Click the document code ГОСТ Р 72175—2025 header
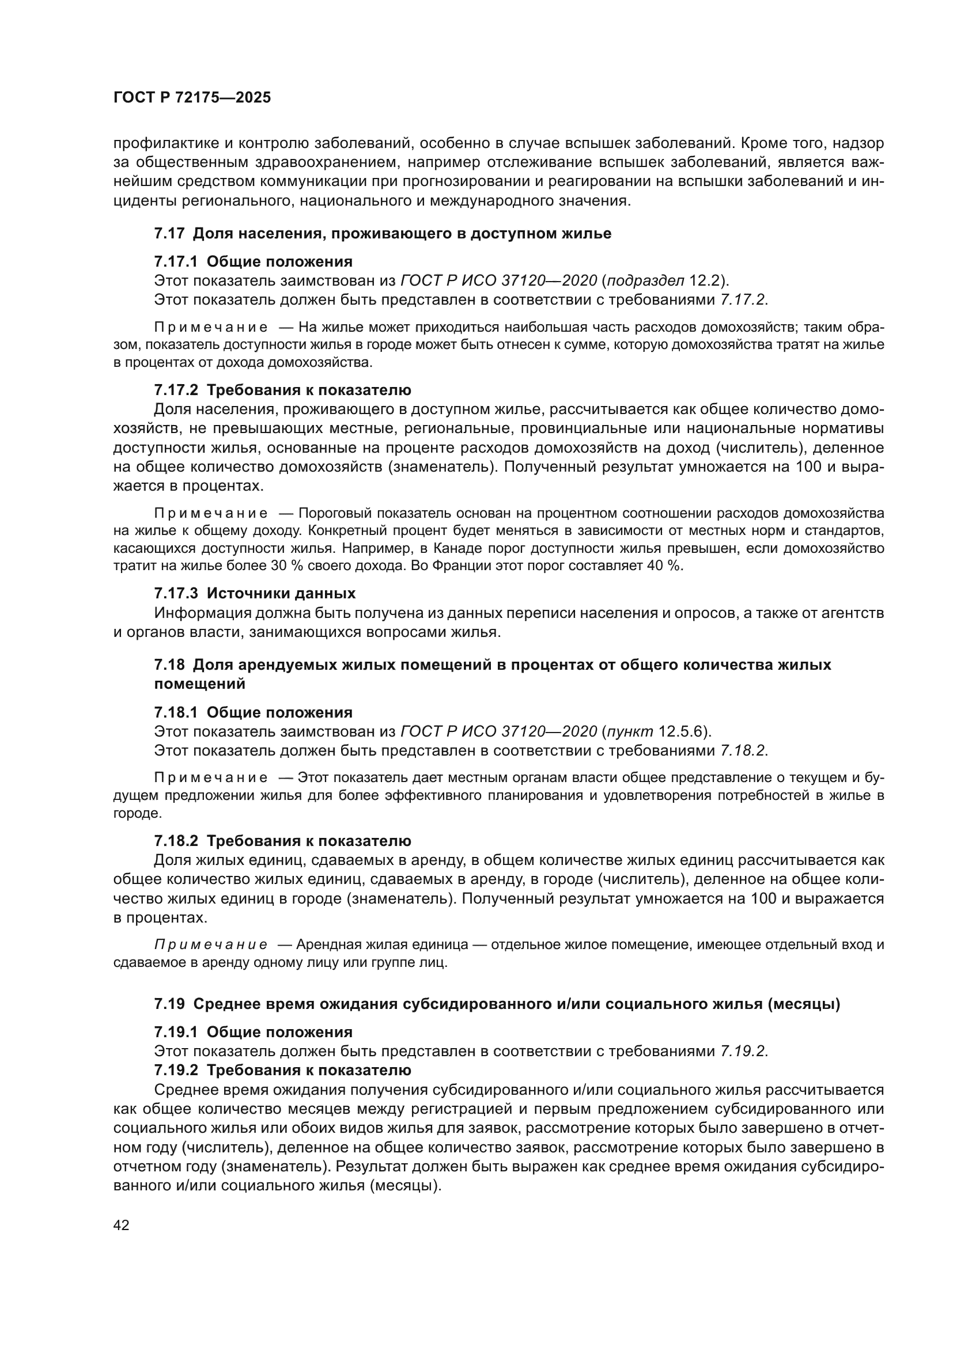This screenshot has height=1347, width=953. coord(192,98)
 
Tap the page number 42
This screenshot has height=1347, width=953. coord(122,1224)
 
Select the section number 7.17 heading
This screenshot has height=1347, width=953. coord(169,233)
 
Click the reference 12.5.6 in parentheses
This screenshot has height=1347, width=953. coord(680,731)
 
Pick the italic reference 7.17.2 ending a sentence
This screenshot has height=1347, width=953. coord(742,300)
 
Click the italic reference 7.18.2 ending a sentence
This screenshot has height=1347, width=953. coord(742,750)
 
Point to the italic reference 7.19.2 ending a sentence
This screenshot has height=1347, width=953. coord(742,1051)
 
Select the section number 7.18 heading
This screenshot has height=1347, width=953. coord(169,665)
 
